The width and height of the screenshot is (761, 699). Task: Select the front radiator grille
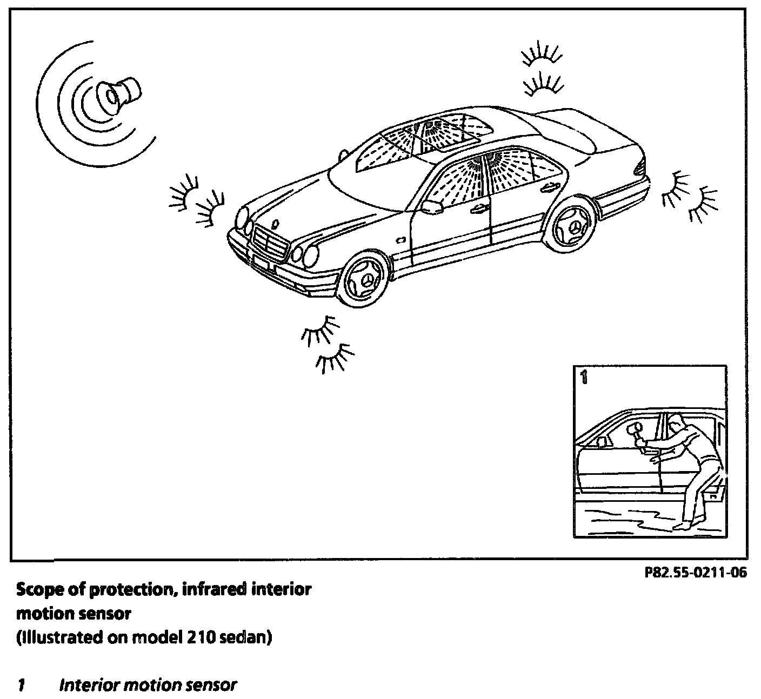click(268, 246)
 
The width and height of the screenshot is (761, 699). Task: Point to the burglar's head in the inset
click(676, 421)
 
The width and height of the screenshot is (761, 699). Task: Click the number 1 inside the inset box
click(583, 377)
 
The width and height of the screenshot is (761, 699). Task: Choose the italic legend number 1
click(22, 685)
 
